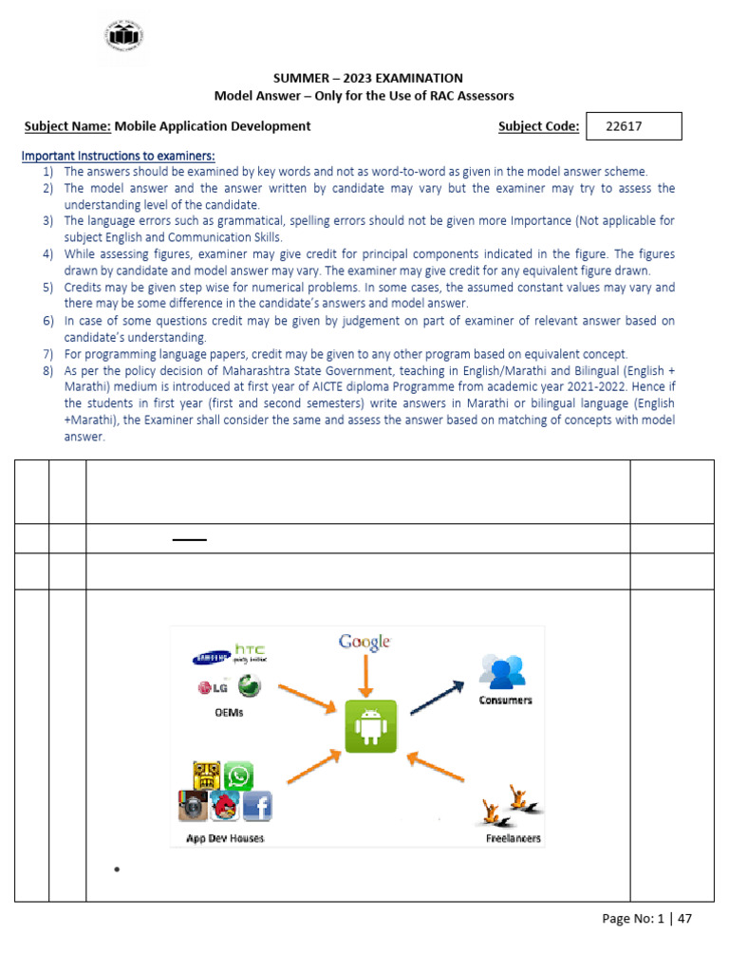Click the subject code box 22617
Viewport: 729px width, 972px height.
click(634, 126)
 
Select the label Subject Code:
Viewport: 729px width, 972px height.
click(538, 126)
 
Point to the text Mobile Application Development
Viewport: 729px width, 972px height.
click(213, 125)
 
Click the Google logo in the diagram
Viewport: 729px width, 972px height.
click(364, 644)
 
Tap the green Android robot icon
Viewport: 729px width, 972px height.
click(371, 727)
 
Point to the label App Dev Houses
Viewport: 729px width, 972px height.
click(225, 838)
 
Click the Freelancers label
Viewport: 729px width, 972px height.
click(514, 838)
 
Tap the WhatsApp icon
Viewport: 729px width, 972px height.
click(238, 776)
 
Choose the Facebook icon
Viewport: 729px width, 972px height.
click(257, 806)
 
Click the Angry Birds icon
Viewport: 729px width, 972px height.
click(225, 806)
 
